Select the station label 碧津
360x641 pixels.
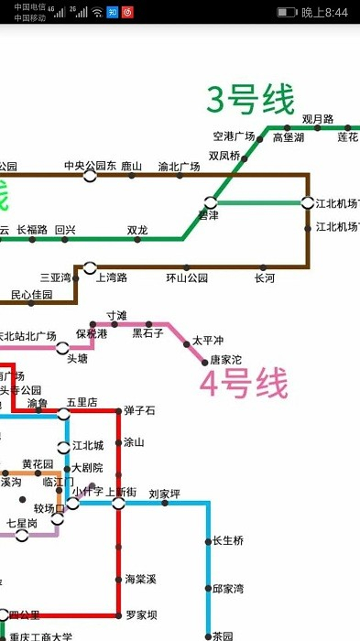click(x=209, y=215)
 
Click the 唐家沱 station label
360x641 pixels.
click(x=225, y=360)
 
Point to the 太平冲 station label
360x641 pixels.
click(x=208, y=341)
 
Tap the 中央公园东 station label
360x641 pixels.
click(x=90, y=166)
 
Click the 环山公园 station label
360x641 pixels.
click(x=187, y=277)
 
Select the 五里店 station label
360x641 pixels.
click(x=82, y=402)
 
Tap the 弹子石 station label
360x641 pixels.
click(x=140, y=409)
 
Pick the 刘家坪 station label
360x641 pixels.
click(x=164, y=494)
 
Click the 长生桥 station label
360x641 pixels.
click(x=228, y=540)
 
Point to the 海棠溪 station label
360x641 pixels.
click(x=141, y=579)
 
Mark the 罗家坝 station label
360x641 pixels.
click(x=141, y=614)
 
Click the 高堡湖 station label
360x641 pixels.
click(x=288, y=137)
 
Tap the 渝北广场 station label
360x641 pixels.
click(x=179, y=167)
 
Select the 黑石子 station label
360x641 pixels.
click(x=148, y=333)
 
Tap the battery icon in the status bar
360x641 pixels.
click(x=287, y=12)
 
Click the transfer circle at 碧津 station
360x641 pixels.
click(x=211, y=201)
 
